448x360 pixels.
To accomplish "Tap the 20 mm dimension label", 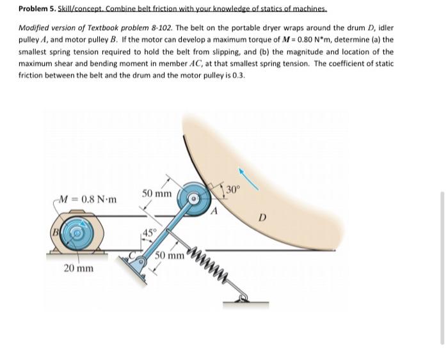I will point(79,268).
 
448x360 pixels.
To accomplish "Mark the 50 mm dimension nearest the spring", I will point(168,258).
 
